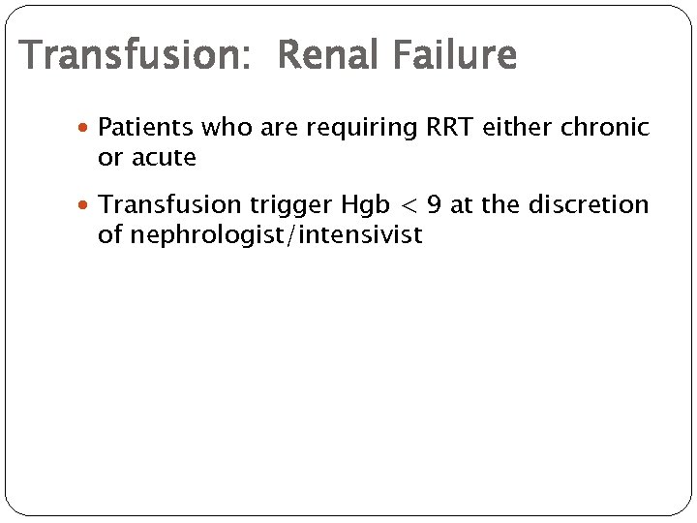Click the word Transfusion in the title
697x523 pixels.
[x=131, y=56]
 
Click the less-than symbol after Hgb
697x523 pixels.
[x=410, y=205]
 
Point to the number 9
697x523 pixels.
[x=435, y=205]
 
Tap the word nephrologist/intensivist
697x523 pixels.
[x=260, y=235]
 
